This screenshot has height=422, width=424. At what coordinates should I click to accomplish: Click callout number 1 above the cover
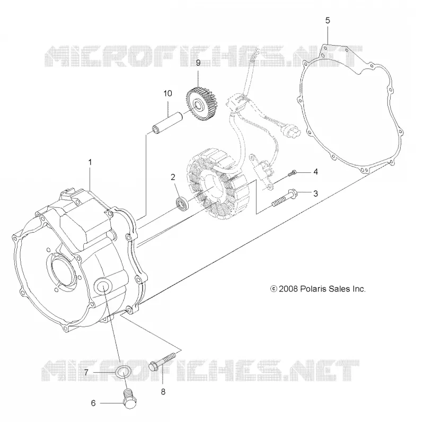click(90, 162)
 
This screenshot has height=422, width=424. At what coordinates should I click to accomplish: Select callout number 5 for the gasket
click(328, 21)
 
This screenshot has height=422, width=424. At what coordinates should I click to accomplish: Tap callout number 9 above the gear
click(198, 63)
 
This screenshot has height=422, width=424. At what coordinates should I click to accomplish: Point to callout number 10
click(167, 93)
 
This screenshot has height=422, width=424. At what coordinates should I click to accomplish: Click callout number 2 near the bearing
click(173, 177)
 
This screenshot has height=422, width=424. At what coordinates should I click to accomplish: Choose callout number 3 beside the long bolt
click(315, 194)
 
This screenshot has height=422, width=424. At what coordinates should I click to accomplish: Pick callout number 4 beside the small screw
click(315, 172)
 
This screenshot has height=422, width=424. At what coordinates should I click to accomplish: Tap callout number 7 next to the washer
click(86, 373)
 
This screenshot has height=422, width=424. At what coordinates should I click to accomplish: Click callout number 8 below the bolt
click(163, 392)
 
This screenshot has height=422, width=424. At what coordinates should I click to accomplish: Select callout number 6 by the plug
click(93, 403)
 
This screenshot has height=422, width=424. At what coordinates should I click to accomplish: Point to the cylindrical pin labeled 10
click(167, 123)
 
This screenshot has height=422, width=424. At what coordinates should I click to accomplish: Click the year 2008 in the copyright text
click(288, 289)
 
